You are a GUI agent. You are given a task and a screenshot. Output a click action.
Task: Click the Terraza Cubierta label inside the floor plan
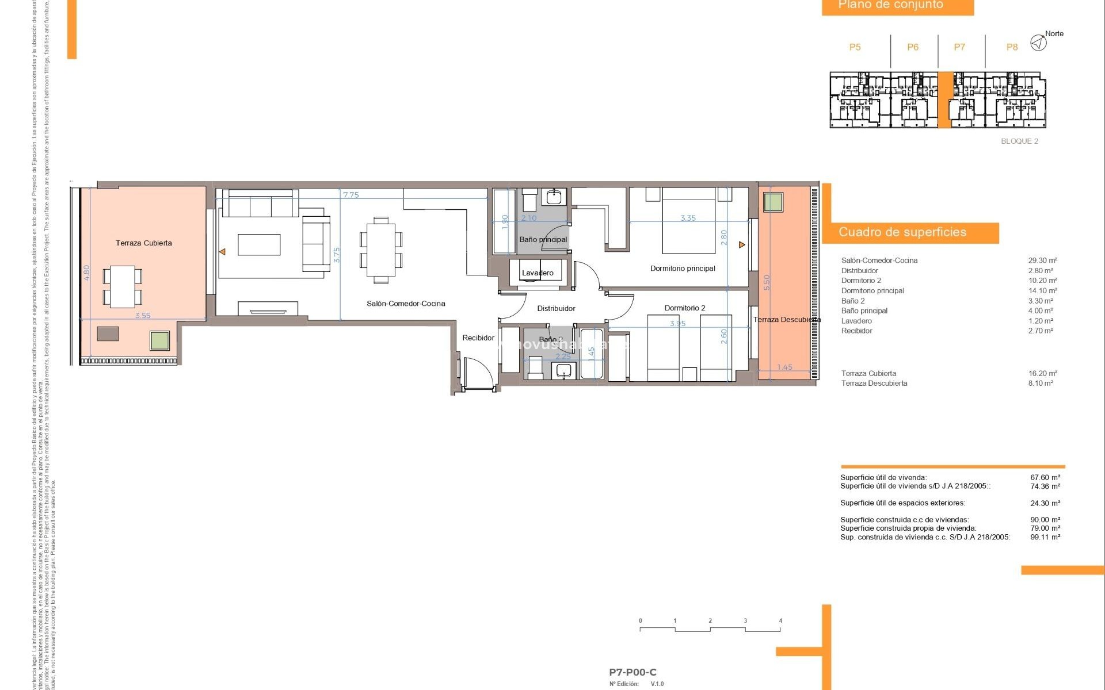[x=143, y=243]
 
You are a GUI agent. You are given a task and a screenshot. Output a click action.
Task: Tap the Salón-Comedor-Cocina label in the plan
[x=406, y=304]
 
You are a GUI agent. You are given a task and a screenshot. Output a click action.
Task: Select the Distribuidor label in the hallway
[x=556, y=309]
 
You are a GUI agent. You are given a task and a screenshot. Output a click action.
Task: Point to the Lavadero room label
[x=538, y=273]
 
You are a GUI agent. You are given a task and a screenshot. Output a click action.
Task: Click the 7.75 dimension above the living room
[x=350, y=195]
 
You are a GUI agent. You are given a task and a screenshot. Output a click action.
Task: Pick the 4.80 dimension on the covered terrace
[x=87, y=272]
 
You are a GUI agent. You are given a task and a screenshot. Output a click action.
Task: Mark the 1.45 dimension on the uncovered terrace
[x=784, y=367]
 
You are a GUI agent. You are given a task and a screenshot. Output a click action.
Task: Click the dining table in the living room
[x=380, y=250]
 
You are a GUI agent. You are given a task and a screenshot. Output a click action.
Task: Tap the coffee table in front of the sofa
[x=259, y=244]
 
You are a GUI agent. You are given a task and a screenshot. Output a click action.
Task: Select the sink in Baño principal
[x=554, y=197]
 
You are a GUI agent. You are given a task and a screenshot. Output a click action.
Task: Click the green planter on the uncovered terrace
[x=773, y=202]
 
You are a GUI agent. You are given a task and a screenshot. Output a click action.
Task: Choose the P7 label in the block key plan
[x=959, y=47]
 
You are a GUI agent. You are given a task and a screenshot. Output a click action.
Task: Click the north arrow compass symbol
[x=1038, y=43]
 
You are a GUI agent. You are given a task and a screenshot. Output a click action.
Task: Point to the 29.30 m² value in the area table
[x=1042, y=260]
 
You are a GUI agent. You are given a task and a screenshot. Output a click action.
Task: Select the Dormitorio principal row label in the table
[x=872, y=291]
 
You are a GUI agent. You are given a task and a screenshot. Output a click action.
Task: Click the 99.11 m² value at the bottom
[x=1045, y=537]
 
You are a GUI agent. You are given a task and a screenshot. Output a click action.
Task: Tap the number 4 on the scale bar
[x=780, y=621]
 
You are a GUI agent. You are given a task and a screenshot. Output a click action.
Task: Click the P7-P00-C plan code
[x=632, y=672]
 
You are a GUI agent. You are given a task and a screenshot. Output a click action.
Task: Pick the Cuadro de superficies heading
[x=902, y=232]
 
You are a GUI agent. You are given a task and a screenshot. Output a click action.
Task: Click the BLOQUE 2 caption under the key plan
[x=1019, y=141]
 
